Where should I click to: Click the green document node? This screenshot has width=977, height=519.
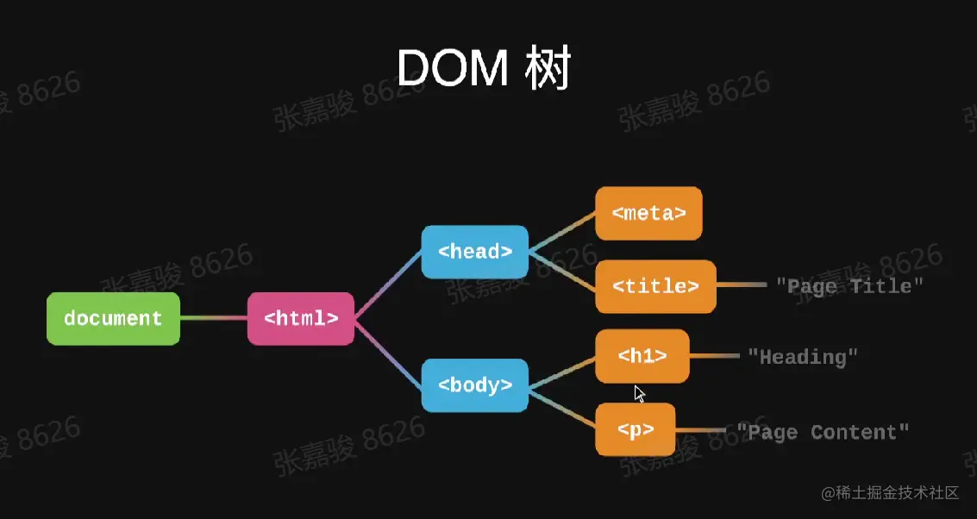[x=113, y=319]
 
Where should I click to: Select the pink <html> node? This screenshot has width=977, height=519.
[x=301, y=319]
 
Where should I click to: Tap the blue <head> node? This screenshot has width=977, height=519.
[x=474, y=252]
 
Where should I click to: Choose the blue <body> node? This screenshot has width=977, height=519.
[x=474, y=385]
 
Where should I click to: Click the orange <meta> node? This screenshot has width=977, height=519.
[x=648, y=213]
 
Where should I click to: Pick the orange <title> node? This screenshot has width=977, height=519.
[x=655, y=286]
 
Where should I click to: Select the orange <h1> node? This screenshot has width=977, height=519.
[x=642, y=356]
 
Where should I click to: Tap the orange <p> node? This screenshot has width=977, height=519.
[x=635, y=430]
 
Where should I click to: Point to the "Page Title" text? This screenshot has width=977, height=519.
[x=849, y=285]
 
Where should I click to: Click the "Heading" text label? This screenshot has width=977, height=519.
[x=803, y=356]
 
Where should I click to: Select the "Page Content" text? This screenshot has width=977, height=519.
[x=823, y=432]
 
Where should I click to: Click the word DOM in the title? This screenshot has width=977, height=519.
[x=454, y=69]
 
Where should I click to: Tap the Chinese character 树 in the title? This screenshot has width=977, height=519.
[x=548, y=69]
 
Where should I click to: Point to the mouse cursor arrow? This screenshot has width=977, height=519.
[x=639, y=394]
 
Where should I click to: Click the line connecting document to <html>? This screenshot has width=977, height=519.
[x=214, y=319]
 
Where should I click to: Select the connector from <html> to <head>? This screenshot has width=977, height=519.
[x=388, y=285]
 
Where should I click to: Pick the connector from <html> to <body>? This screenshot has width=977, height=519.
[x=388, y=353]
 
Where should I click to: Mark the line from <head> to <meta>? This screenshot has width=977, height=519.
[x=561, y=233]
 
